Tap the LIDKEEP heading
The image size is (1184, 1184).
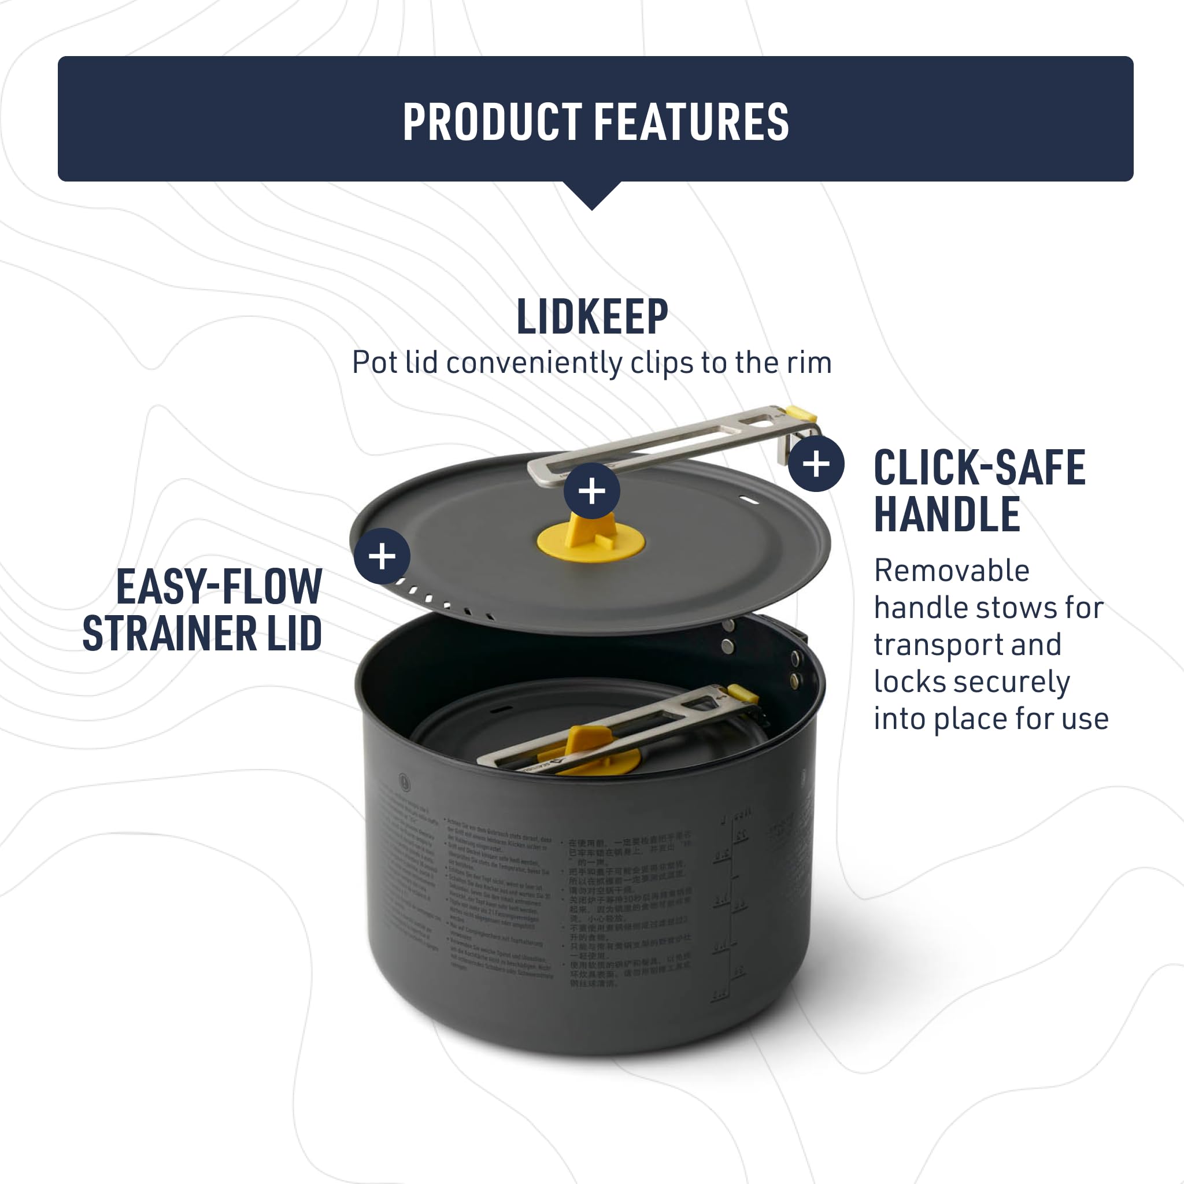point(592,317)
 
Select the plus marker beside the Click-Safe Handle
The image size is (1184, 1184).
point(816,464)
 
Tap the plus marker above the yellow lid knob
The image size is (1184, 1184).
point(591,491)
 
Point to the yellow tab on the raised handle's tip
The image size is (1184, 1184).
point(800,414)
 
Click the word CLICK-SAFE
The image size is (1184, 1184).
point(979,468)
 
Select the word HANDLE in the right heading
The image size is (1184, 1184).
point(947,514)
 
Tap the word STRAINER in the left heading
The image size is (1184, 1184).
point(170,633)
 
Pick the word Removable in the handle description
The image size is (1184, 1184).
point(951,571)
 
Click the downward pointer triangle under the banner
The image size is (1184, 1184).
point(592,195)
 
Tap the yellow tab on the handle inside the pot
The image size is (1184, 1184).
point(743,693)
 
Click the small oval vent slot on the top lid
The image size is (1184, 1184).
point(749,501)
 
